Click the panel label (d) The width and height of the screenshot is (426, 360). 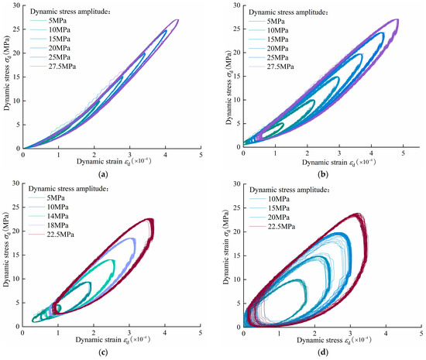pyautogui.click(x=328, y=353)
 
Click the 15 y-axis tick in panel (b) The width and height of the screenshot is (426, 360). pyautogui.click(x=236, y=78)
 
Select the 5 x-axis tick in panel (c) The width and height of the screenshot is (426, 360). pyautogui.click(x=201, y=333)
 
